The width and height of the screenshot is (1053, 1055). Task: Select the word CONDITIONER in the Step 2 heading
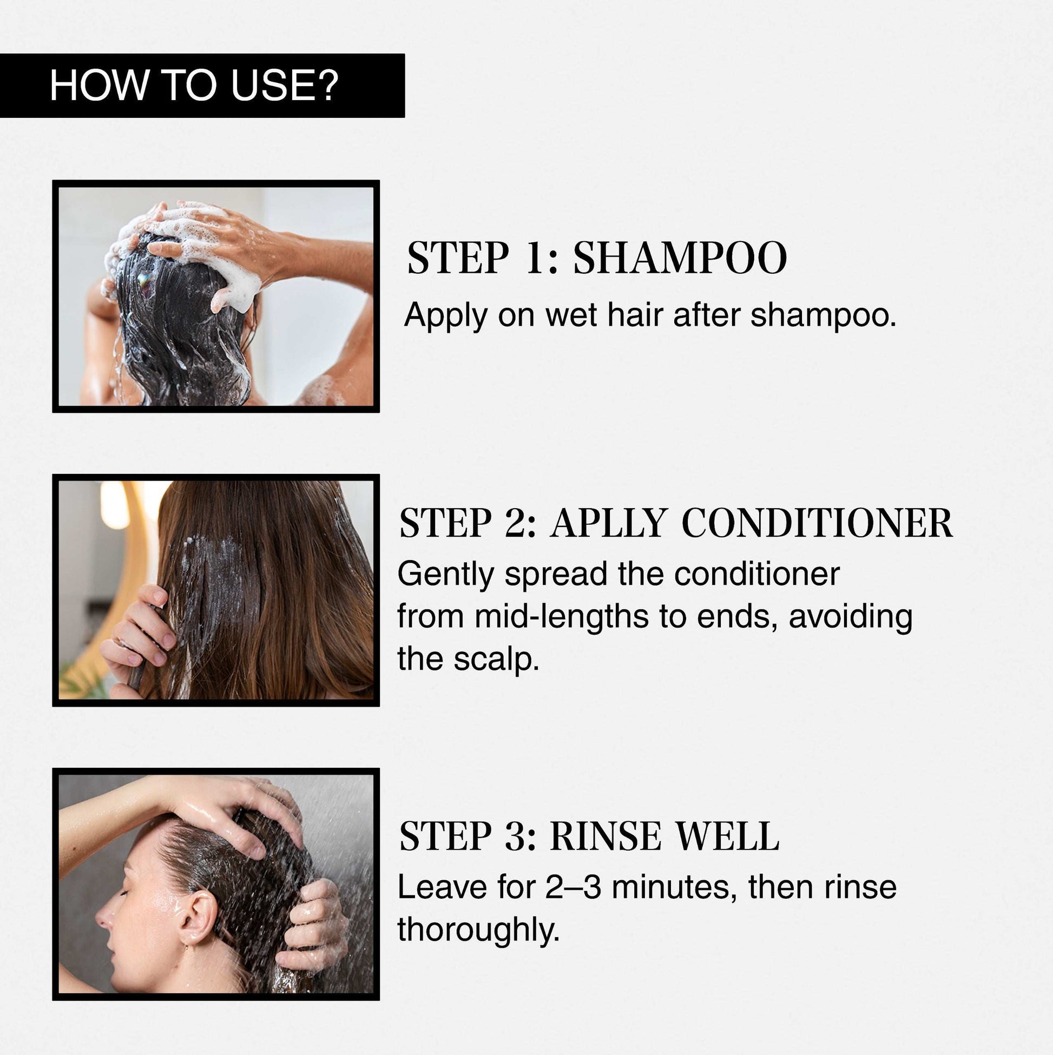coord(818,523)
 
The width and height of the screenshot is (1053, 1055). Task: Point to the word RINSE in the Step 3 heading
coord(606,835)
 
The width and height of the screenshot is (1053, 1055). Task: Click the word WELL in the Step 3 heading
coord(727,835)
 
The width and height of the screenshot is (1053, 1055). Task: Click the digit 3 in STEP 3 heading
coord(516,835)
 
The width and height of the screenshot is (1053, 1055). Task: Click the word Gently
coord(445,575)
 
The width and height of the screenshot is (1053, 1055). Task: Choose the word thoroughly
coord(478,929)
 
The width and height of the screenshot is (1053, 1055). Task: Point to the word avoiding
coord(851,617)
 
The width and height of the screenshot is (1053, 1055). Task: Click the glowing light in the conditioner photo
coord(115,505)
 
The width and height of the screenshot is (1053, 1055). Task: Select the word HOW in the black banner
coord(98,85)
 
